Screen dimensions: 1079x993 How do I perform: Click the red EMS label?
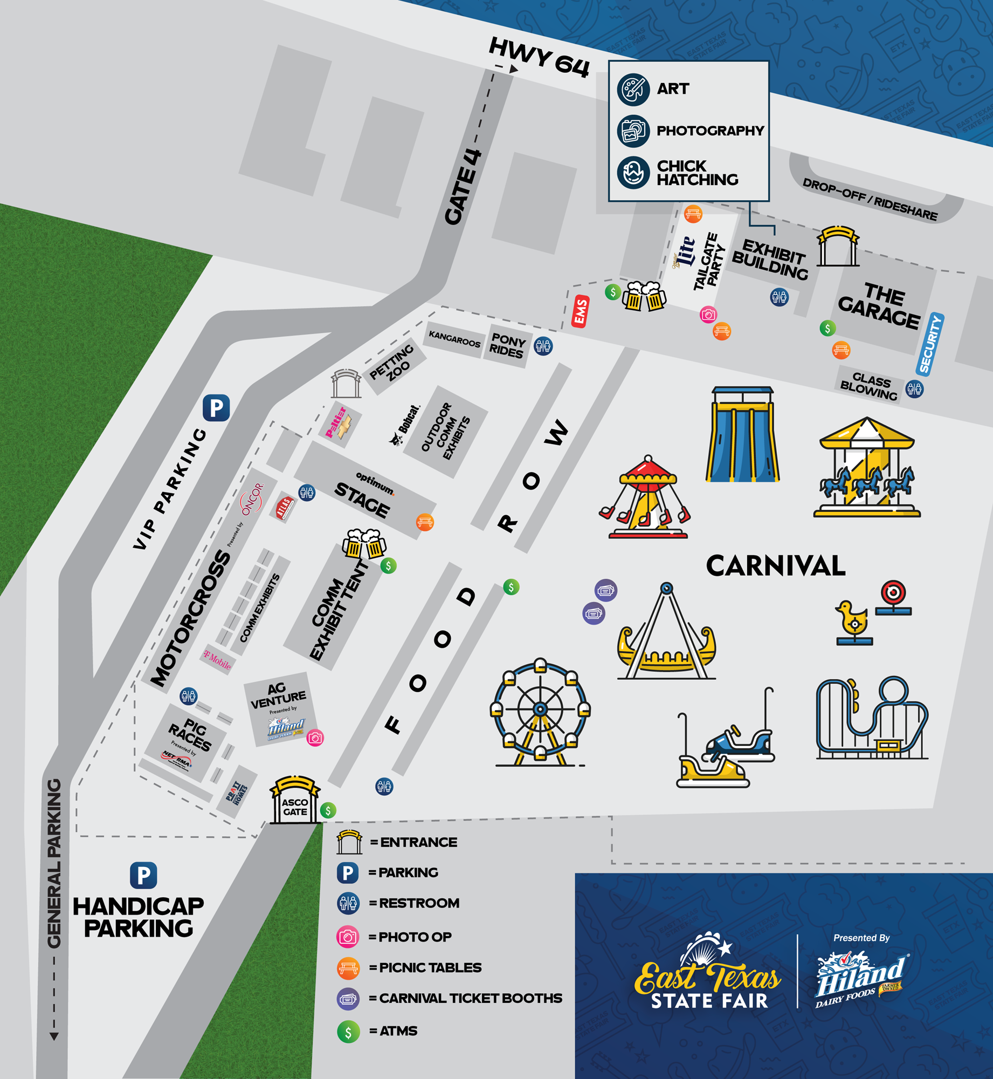tap(580, 311)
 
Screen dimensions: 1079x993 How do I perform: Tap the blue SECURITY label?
tap(930, 344)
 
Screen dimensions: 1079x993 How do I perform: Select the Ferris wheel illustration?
tap(540, 712)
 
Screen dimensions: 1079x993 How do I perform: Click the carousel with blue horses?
tap(867, 468)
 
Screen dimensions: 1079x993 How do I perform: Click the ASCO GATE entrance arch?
tap(295, 801)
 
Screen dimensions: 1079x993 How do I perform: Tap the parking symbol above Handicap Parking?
tap(143, 876)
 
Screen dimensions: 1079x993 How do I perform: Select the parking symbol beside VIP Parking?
tap(216, 408)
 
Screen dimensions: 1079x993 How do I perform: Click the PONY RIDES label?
tap(507, 346)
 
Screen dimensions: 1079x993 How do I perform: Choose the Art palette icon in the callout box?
tap(633, 89)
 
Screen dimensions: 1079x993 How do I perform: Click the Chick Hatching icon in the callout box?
tap(633, 173)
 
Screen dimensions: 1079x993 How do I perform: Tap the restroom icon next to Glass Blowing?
tap(915, 388)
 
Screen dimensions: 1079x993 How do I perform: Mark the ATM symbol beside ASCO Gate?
tap(328, 810)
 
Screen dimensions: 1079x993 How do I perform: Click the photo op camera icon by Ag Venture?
tap(315, 737)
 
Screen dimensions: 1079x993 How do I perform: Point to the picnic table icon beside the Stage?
tap(425, 522)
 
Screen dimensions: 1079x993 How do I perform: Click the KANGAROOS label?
tap(454, 339)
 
